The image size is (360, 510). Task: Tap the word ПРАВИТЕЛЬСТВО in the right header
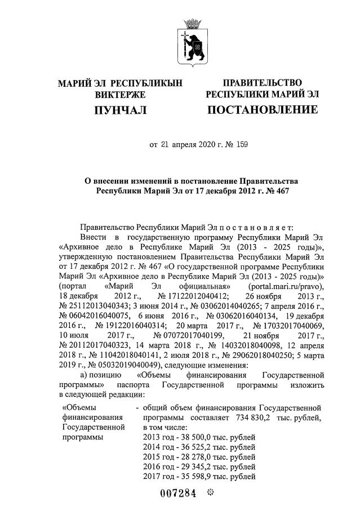click(262, 83)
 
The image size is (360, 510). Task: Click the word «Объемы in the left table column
click(79, 407)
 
